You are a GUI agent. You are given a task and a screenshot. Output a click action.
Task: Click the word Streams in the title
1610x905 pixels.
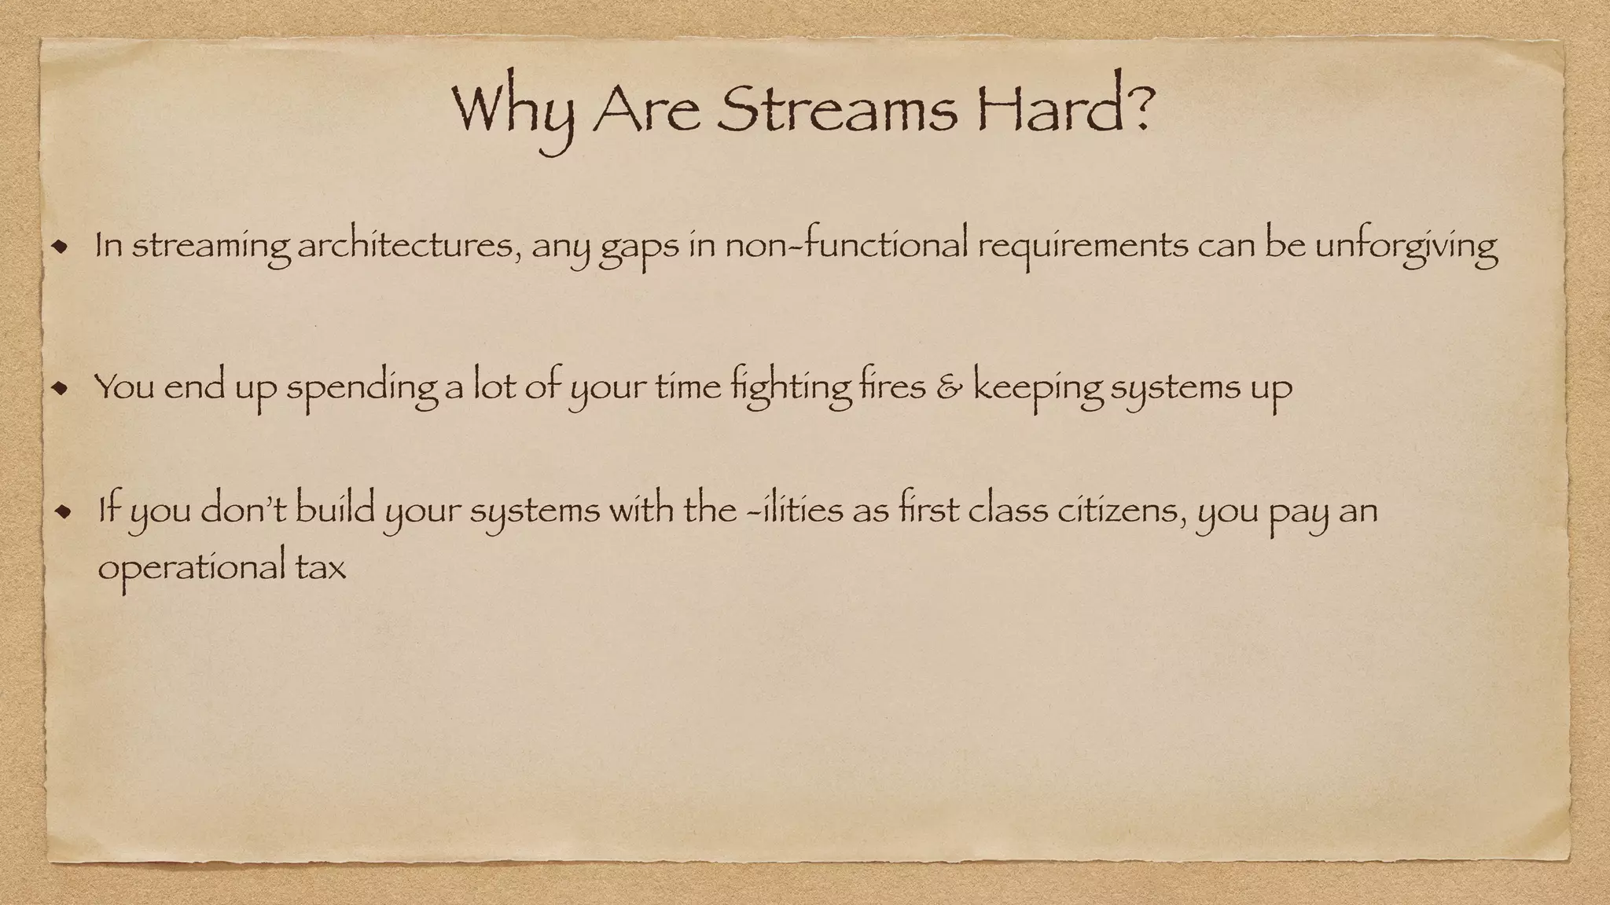(x=836, y=110)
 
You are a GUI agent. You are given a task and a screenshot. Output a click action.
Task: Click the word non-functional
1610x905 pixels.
(x=846, y=247)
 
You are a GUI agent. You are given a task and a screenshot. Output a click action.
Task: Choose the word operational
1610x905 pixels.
(x=189, y=567)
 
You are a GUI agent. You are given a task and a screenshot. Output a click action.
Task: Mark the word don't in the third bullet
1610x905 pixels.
(x=244, y=511)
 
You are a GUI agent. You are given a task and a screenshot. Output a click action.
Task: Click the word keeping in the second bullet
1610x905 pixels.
(x=1038, y=387)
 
